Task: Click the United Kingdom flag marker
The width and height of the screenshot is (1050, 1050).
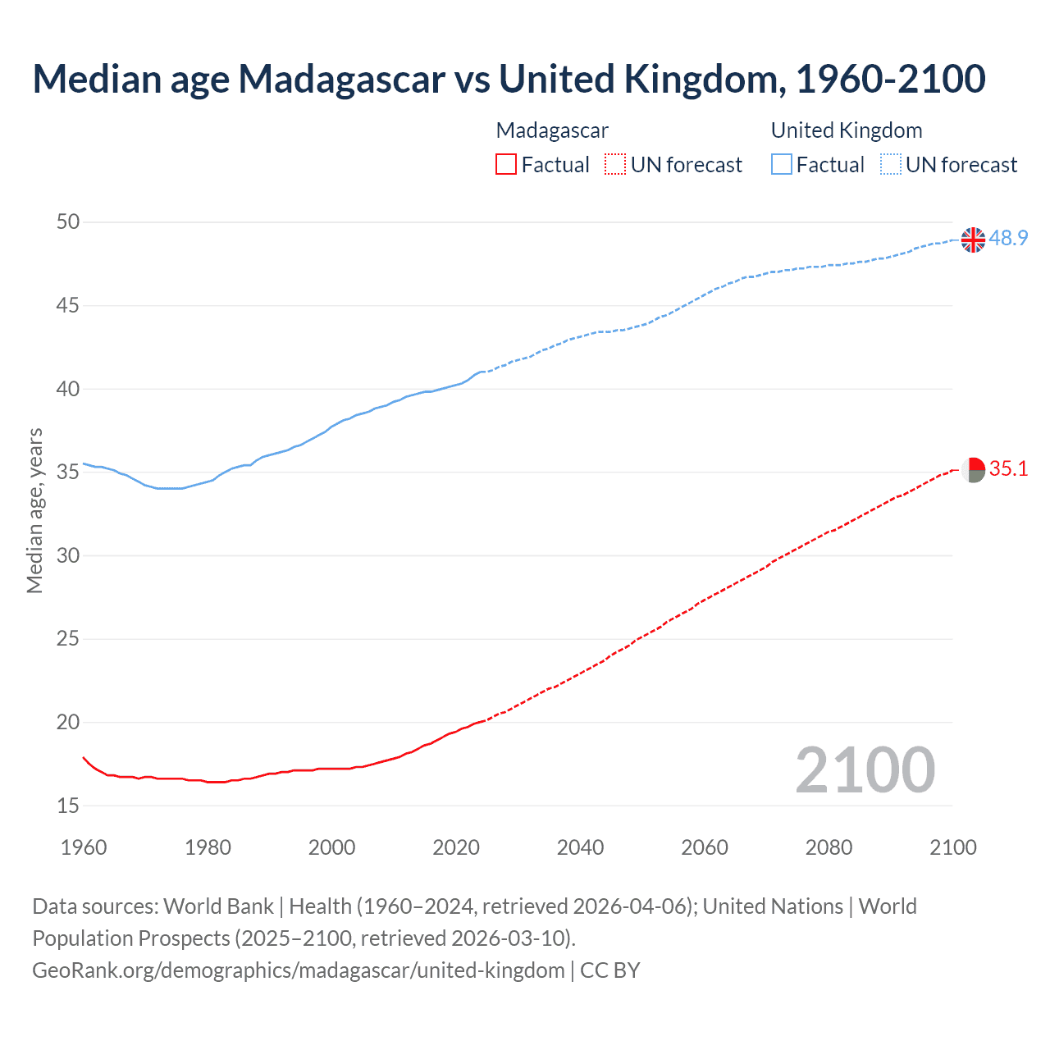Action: [973, 240]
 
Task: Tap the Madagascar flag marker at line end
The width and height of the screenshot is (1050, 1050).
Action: [973, 470]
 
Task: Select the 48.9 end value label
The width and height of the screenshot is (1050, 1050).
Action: [1008, 238]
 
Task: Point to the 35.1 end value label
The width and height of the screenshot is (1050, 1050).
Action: [1008, 468]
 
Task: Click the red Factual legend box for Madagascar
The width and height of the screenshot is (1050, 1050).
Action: [506, 165]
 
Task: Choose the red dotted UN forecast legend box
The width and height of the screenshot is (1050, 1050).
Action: [615, 165]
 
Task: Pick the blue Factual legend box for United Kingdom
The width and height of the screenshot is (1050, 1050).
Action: [781, 165]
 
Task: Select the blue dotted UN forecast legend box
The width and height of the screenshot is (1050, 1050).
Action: [890, 165]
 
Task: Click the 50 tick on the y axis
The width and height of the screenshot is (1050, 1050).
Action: [68, 221]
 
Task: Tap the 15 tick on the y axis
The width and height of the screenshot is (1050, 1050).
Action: [68, 806]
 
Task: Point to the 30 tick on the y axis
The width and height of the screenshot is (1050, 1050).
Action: [68, 555]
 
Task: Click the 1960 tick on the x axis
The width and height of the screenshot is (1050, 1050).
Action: [84, 847]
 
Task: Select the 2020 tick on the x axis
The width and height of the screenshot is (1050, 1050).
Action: [456, 847]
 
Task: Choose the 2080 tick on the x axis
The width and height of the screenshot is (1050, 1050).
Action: [829, 847]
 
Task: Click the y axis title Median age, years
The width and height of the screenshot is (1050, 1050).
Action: [34, 510]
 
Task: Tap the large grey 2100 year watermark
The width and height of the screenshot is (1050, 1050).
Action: [865, 769]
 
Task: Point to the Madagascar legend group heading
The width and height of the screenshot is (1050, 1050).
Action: [552, 130]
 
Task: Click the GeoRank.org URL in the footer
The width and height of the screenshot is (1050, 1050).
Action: [298, 970]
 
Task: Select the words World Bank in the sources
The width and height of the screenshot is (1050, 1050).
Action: [218, 906]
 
